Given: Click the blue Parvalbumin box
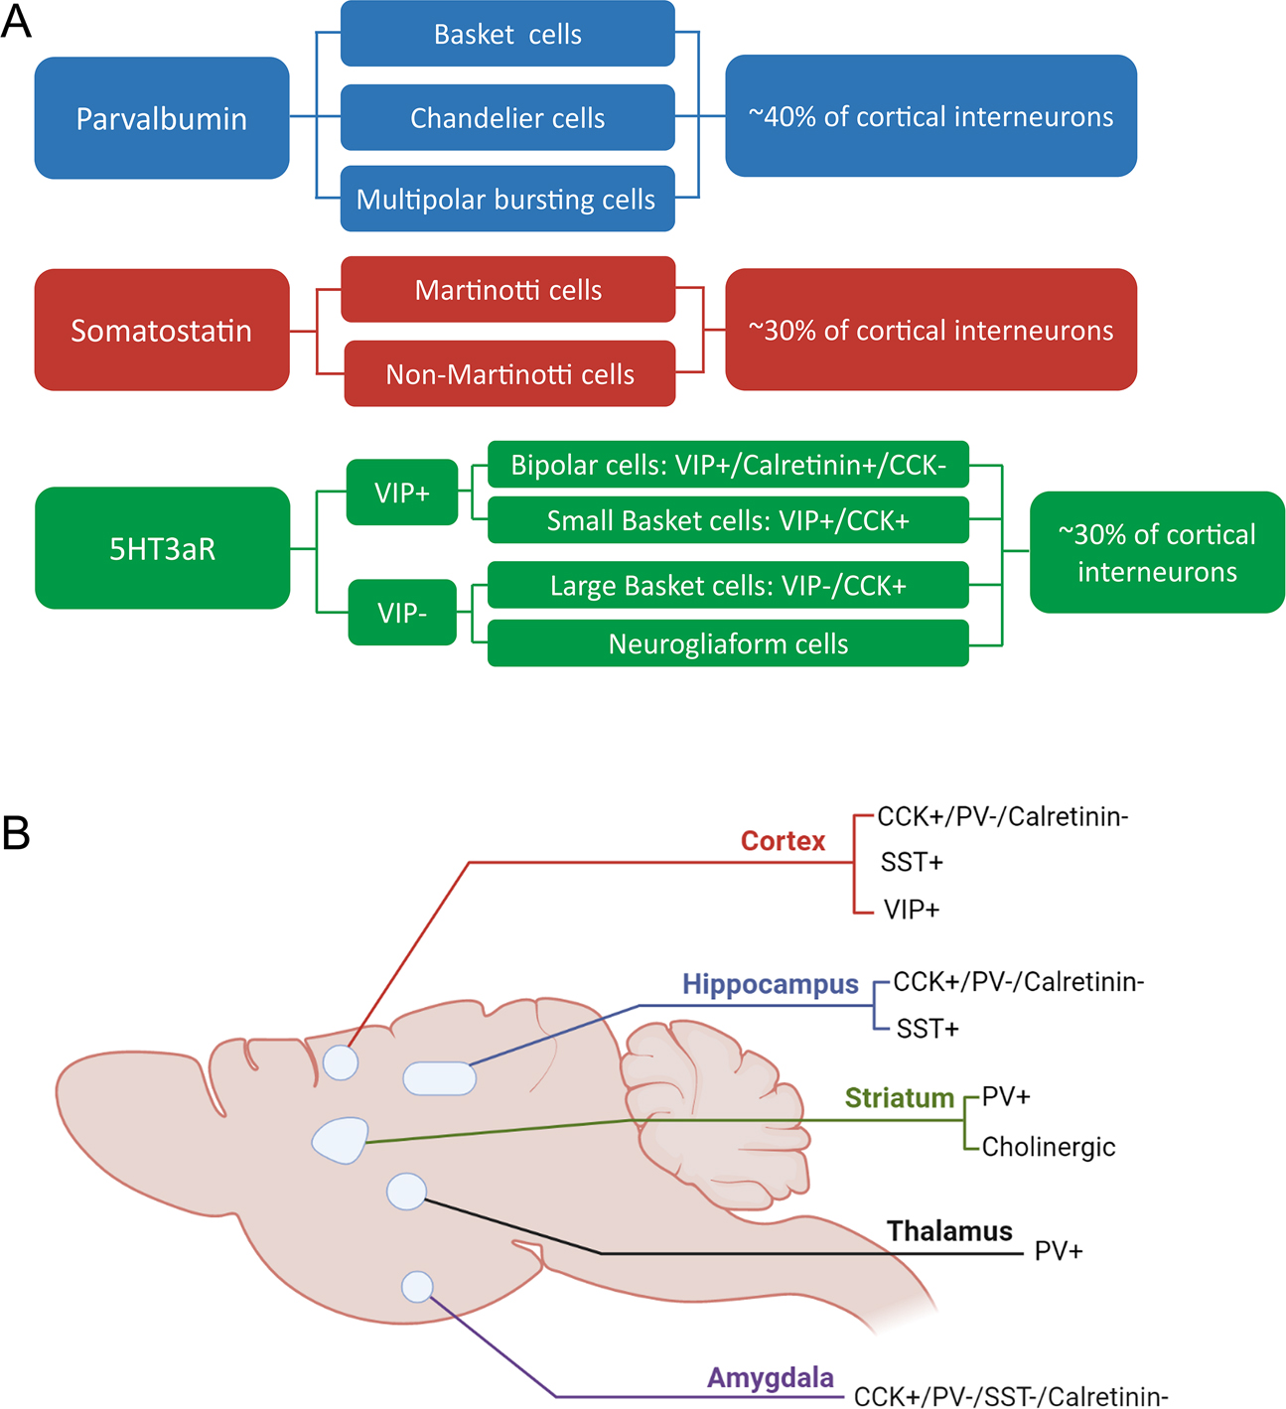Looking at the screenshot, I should coord(162,118).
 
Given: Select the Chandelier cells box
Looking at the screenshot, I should coord(507,117).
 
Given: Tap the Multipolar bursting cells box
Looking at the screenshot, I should coord(507,200).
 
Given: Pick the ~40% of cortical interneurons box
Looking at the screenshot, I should coord(930,116).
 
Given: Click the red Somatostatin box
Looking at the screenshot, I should coord(162,330).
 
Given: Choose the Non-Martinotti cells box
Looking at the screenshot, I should coord(509,374).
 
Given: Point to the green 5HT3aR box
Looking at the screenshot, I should coord(162,548).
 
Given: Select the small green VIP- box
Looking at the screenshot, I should coord(402,613).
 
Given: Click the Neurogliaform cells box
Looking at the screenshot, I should coord(728,643).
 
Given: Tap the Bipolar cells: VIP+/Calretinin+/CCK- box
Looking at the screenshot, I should coord(728,465).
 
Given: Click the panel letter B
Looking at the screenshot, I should coord(16,832).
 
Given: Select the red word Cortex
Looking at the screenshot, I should coord(783,841).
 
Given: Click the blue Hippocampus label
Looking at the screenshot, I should coord(770,984).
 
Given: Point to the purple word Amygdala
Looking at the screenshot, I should coord(770,1378).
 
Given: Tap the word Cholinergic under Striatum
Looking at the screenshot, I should coord(1048,1147).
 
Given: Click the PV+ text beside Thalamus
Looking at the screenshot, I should coord(1058,1251).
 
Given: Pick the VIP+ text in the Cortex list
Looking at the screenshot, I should coord(911,910).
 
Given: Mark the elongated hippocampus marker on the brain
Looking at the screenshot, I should coord(439,1078).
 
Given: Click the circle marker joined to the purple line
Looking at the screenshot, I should coord(417,1287).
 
